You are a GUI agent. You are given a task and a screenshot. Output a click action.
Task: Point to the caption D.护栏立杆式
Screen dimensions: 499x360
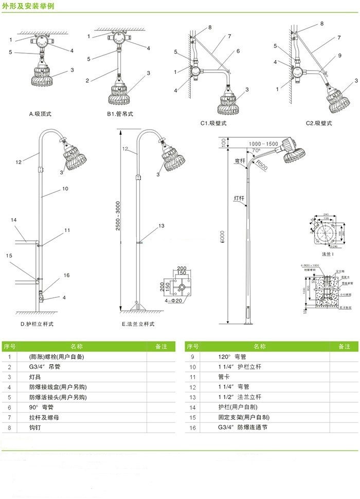coord(37,324)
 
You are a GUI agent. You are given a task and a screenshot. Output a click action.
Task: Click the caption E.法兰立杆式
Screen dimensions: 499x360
coord(138,324)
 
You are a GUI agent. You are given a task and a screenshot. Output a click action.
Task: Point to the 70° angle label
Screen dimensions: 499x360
coord(256,151)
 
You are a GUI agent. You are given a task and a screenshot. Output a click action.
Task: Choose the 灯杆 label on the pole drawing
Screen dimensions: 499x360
coord(239,198)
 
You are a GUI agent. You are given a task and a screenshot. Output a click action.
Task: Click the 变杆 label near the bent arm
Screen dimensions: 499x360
coord(240,161)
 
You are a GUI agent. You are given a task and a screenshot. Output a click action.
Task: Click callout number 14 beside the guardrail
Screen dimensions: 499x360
coord(14,220)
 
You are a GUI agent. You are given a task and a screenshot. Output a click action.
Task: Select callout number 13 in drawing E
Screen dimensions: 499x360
coord(161,225)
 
